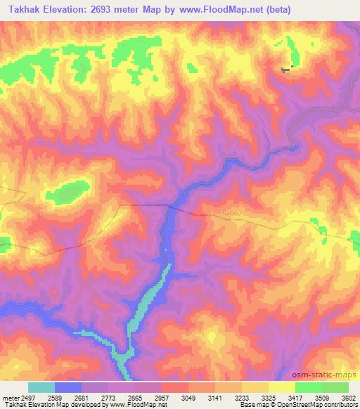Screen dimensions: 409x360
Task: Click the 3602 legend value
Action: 340,397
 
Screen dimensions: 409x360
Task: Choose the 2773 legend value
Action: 109,397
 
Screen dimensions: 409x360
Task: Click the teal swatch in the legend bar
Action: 41,387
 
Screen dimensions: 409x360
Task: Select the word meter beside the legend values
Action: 10,397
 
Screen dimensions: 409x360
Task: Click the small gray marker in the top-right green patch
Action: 285,69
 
